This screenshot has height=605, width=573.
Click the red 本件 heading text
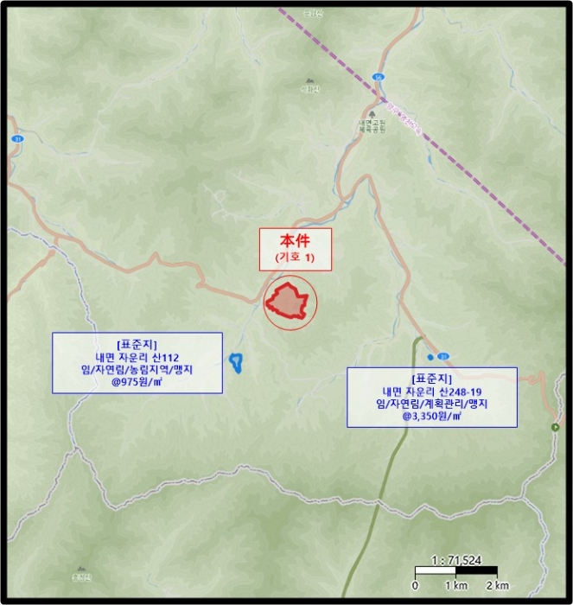click(296, 243)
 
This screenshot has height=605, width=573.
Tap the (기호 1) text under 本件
click(296, 258)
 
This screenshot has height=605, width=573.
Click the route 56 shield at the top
click(378, 77)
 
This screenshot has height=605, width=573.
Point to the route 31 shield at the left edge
click(16, 138)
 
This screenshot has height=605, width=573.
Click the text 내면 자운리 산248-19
click(431, 391)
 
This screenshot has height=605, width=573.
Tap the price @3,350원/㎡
click(431, 416)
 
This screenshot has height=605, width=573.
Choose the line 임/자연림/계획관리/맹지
click(431, 404)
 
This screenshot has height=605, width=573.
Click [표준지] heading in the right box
click(431, 378)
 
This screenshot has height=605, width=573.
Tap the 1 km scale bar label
click(455, 585)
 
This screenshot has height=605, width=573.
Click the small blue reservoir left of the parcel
click(234, 361)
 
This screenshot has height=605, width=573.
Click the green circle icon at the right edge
click(556, 428)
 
